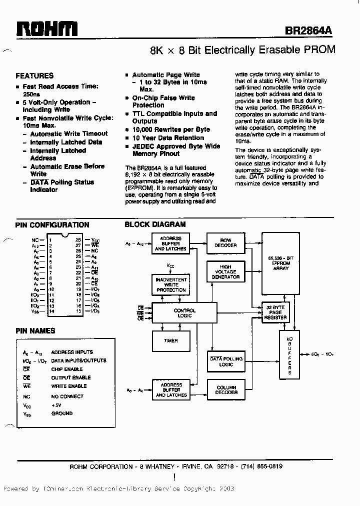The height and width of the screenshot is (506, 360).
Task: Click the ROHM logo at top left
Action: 46,28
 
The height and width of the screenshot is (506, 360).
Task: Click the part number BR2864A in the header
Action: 308,30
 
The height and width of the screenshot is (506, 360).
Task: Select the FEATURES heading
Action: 34,76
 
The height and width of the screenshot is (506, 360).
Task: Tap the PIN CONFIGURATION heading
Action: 52,225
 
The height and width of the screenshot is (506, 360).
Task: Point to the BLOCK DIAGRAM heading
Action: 155,225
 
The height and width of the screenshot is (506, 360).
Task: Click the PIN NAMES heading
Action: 35,330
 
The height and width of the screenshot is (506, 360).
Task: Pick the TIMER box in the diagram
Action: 170,341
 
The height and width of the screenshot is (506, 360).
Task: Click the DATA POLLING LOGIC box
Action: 225,361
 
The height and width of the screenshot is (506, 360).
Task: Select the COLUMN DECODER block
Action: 225,390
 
